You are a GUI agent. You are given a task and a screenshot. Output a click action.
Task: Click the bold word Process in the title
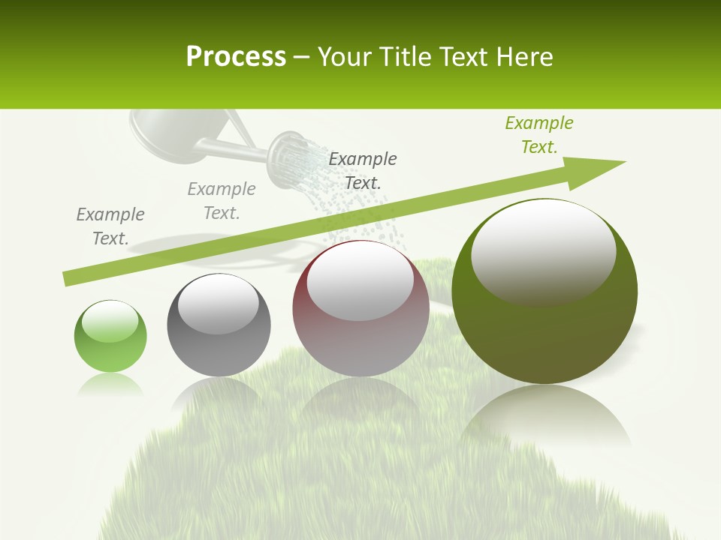(236, 56)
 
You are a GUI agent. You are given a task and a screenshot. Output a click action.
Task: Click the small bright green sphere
(110, 337)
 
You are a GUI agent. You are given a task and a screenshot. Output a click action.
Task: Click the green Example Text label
(538, 134)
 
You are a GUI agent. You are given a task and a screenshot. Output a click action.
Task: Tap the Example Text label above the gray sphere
(222, 200)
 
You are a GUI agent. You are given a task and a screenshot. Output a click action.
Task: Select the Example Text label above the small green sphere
(110, 226)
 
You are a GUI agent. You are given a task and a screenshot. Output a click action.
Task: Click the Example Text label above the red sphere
(363, 170)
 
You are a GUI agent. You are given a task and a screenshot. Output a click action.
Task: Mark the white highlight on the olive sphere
(543, 251)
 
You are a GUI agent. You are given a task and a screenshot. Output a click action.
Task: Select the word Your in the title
(343, 56)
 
